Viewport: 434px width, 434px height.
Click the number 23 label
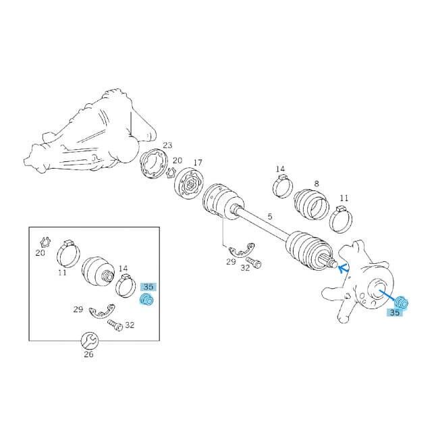pos(167,145)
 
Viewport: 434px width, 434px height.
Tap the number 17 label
pos(198,163)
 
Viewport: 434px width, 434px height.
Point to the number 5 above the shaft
pos(269,217)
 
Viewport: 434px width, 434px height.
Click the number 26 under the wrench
pos(88,354)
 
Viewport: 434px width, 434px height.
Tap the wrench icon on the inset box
pos(88,340)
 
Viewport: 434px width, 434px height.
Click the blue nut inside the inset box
pos(146,300)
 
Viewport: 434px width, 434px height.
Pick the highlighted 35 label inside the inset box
pos(148,286)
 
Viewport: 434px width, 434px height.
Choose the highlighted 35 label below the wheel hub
pos(394,313)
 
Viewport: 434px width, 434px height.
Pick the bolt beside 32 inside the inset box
pos(113,326)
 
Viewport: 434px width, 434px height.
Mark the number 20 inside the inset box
pos(40,253)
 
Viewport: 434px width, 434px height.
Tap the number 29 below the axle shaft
pos(231,261)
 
